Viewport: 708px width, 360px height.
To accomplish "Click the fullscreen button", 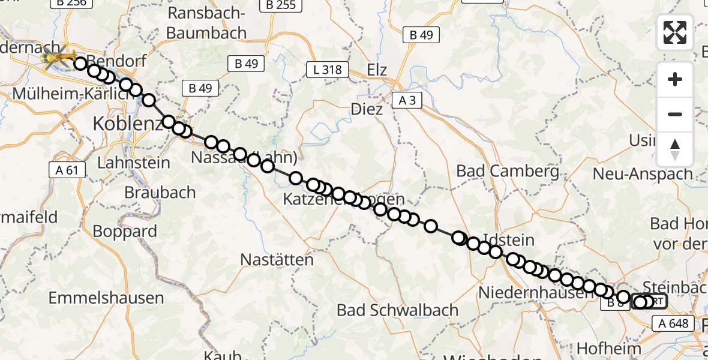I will (675, 32).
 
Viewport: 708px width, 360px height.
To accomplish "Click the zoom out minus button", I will (675, 114).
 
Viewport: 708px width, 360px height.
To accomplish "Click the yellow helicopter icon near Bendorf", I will (58, 58).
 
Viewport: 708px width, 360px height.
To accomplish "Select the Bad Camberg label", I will (508, 171).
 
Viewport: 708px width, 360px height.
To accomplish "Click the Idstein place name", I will (508, 241).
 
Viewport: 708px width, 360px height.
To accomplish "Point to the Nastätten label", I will (277, 260).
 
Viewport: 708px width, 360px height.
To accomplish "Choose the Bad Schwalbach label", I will (398, 310).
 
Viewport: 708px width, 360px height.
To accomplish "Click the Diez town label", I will (368, 109).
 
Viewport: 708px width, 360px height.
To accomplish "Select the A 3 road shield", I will (407, 100).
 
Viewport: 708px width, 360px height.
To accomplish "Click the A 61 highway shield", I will (68, 170).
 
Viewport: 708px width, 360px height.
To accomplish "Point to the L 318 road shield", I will (328, 70).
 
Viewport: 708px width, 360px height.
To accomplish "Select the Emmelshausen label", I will (106, 298).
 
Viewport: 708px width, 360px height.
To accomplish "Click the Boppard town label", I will (125, 231).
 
